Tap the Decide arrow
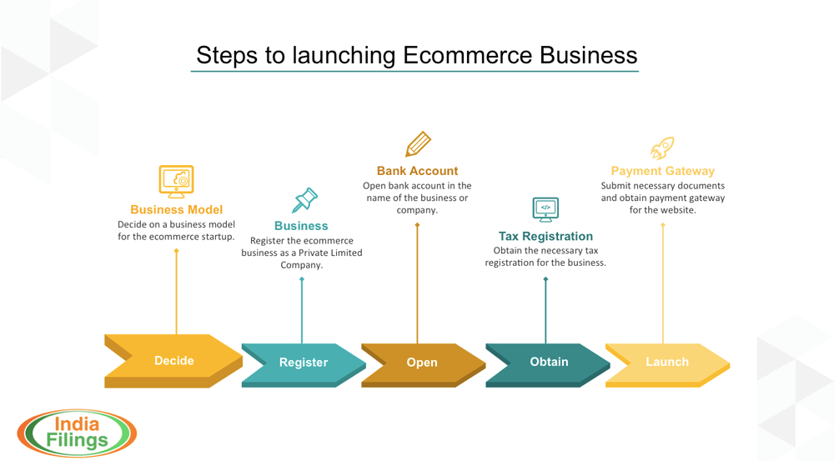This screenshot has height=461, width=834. pyautogui.click(x=173, y=361)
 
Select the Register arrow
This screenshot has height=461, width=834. pyautogui.click(x=304, y=363)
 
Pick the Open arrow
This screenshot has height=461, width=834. pyautogui.click(x=422, y=363)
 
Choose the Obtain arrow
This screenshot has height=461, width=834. pyautogui.click(x=548, y=362)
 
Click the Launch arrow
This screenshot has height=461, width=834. pyautogui.click(x=667, y=362)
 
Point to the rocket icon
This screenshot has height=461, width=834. pyautogui.click(x=662, y=149)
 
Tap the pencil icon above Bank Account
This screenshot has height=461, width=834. pyautogui.click(x=418, y=144)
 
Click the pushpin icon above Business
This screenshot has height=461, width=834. pyautogui.click(x=304, y=200)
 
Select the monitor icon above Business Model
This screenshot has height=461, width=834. pyautogui.click(x=176, y=181)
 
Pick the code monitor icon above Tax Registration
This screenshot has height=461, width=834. pyautogui.click(x=545, y=209)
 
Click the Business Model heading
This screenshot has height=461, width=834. pyautogui.click(x=176, y=210)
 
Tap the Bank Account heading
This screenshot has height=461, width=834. pyautogui.click(x=417, y=171)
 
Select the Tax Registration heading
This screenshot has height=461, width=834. pyautogui.click(x=545, y=237)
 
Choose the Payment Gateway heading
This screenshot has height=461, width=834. pyautogui.click(x=662, y=171)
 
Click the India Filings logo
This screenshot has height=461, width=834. pyautogui.click(x=76, y=433)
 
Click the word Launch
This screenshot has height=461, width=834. pyautogui.click(x=667, y=362)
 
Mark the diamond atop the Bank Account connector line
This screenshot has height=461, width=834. pyautogui.click(x=417, y=225)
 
